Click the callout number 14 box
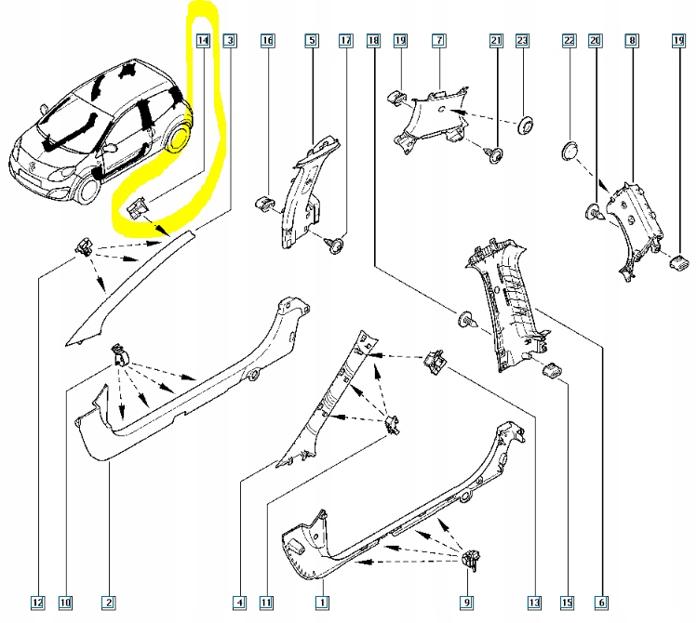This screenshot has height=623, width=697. click(x=203, y=41)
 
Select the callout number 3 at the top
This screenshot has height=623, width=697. click(x=230, y=41)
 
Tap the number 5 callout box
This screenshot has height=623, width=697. click(x=312, y=41)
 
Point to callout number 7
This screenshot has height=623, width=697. click(x=438, y=41)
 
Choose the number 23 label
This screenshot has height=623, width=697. click(x=522, y=41)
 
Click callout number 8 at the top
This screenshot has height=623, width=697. click(x=633, y=41)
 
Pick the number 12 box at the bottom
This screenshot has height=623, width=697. click(x=37, y=603)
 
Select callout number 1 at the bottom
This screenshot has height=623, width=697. click(x=321, y=603)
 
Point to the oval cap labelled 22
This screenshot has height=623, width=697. click(x=570, y=151)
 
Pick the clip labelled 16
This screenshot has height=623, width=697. click(x=264, y=203)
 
